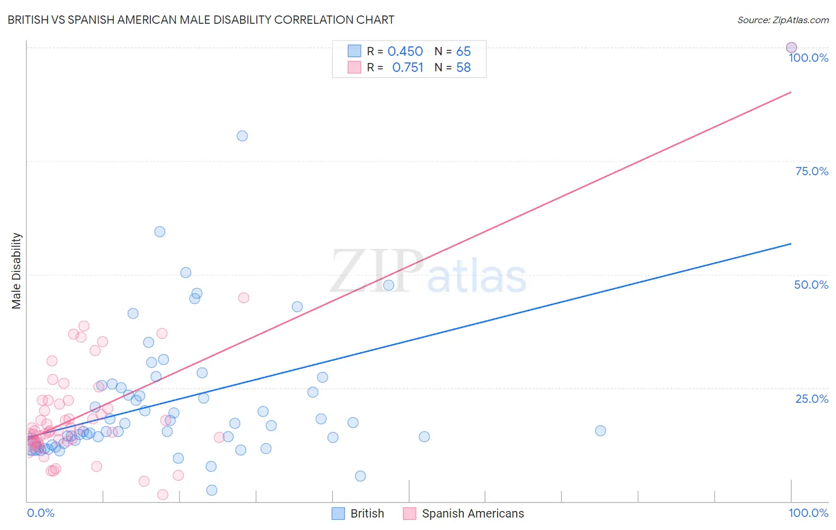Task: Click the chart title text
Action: [200, 20]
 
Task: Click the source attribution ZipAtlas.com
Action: [782, 20]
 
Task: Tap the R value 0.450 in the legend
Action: [405, 52]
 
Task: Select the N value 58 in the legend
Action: [463, 68]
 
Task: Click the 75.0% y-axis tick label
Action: [812, 171]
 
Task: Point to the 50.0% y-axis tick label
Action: [811, 285]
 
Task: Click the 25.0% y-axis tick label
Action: [812, 399]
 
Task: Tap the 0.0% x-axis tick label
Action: [40, 513]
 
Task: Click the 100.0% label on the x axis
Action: [808, 513]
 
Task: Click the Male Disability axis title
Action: [17, 270]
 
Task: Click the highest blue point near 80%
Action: [242, 136]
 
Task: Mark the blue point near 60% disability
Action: [160, 232]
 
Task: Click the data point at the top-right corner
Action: [791, 48]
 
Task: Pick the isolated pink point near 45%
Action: [244, 298]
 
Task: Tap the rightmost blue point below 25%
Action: [601, 431]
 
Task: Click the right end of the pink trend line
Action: [791, 92]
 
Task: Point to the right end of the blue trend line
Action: [791, 244]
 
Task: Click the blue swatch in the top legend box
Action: [354, 51]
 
